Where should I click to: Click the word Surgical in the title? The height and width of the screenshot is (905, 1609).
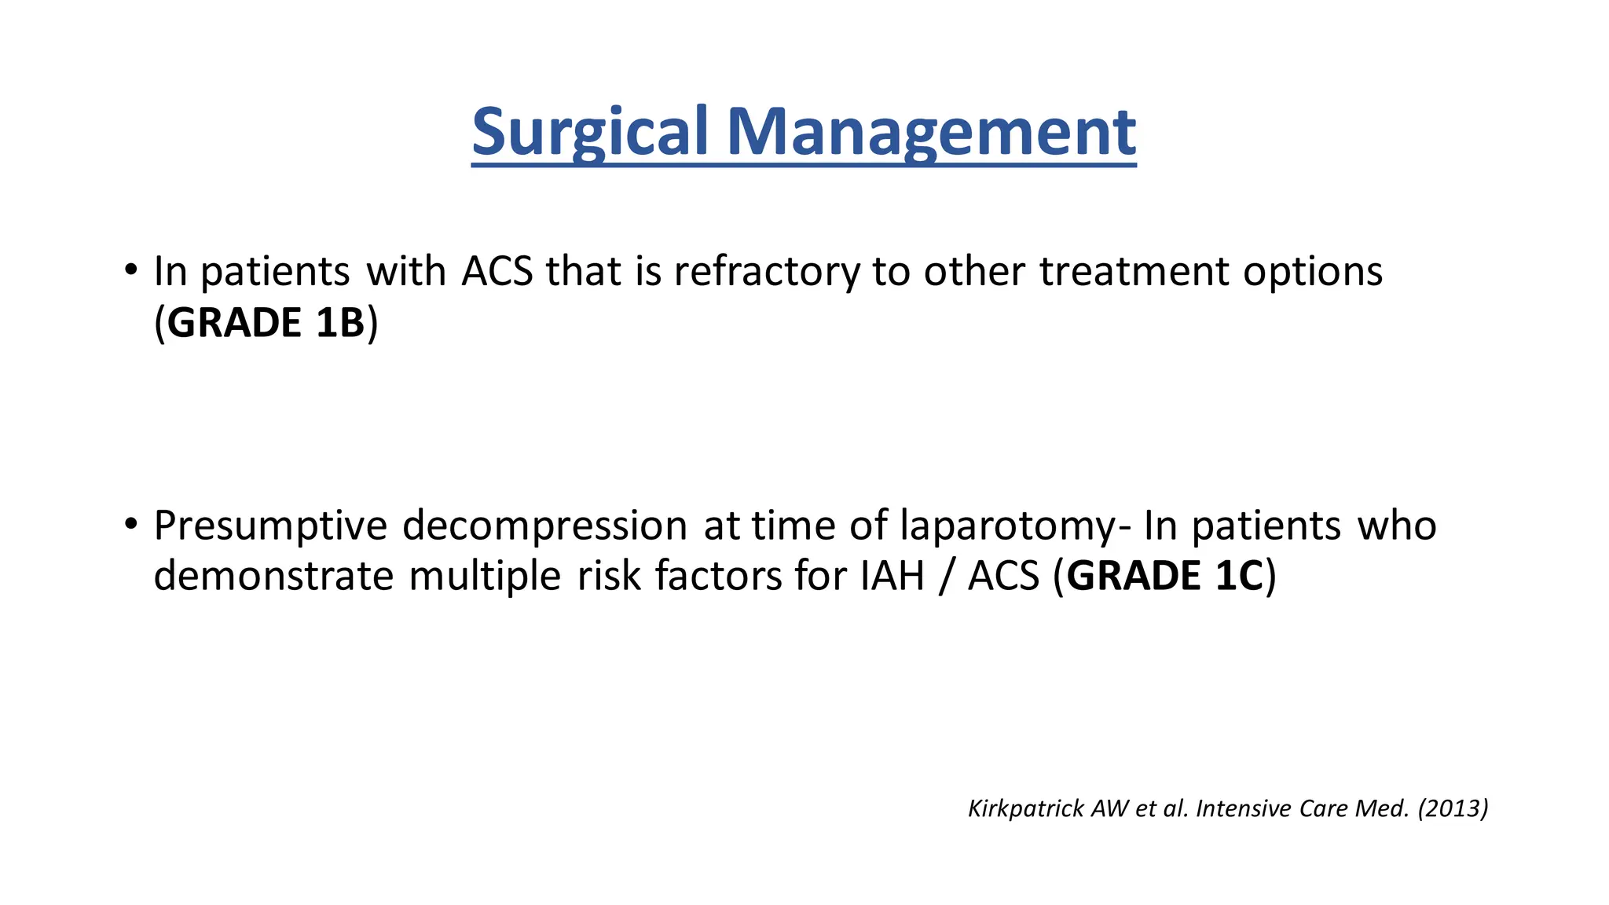pos(591,132)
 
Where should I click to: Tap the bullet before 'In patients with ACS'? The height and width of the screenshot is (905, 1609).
pos(130,269)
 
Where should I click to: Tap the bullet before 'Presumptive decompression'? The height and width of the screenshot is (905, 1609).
pos(130,524)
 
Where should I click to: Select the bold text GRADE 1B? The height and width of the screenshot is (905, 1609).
pos(266,323)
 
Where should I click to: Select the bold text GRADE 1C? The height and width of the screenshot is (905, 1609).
pos(1165,576)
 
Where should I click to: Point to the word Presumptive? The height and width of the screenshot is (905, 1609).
pos(269,526)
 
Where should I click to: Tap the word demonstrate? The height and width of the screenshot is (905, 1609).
pos(273,576)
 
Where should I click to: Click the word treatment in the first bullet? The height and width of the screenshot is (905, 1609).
pos(1134,272)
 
